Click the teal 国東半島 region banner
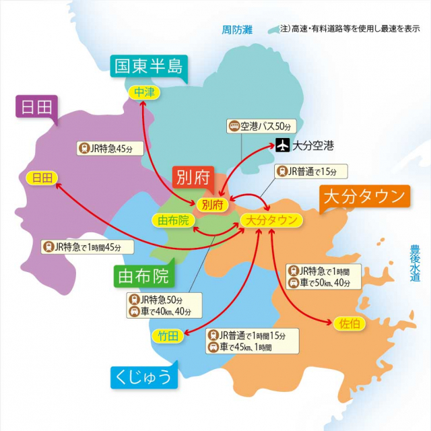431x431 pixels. [148, 66]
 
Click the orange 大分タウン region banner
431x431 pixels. [364, 197]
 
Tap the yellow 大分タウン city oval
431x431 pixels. [270, 220]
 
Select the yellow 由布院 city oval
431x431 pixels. [172, 220]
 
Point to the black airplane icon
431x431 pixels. [283, 145]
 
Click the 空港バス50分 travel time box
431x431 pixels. [261, 126]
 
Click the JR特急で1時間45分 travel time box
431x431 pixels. [82, 247]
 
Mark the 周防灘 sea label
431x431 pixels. [237, 30]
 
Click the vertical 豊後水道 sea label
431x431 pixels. [415, 263]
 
